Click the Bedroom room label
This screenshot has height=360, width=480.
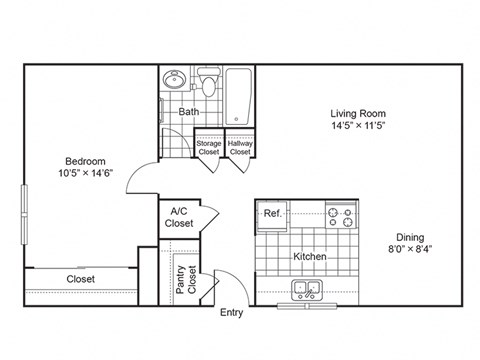click(x=86, y=160)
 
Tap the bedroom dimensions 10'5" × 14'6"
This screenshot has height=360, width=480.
click(x=86, y=174)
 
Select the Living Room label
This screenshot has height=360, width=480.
click(x=359, y=113)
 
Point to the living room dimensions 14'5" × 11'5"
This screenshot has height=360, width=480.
click(x=359, y=127)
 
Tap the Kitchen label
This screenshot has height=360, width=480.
click(x=310, y=256)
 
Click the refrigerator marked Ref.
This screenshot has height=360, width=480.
click(x=272, y=213)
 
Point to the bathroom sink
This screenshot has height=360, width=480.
click(x=173, y=80)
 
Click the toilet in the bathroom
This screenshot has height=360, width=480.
click(x=208, y=80)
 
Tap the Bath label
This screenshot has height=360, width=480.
click(x=188, y=112)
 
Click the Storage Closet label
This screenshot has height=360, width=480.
click(x=208, y=148)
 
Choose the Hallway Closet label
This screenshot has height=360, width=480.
click(x=240, y=148)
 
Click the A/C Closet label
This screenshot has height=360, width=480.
click(x=179, y=217)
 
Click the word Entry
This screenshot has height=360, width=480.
click(x=231, y=313)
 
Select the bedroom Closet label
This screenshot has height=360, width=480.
click(x=81, y=279)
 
